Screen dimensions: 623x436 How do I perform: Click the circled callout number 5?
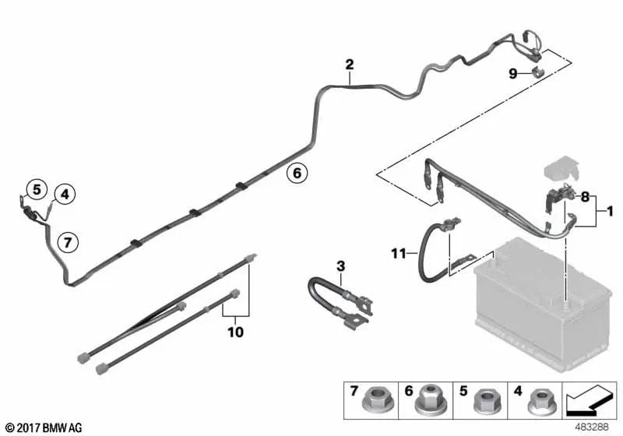(37, 189)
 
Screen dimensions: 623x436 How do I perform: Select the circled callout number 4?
(65, 194)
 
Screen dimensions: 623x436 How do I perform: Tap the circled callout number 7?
(68, 242)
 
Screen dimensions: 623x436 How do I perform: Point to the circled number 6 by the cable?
(297, 173)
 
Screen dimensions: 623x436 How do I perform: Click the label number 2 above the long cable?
(350, 65)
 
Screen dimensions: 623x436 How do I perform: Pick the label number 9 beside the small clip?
(513, 73)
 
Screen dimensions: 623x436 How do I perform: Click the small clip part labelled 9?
(537, 73)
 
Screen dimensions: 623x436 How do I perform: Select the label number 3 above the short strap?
(340, 266)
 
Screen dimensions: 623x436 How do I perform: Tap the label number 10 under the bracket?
(236, 332)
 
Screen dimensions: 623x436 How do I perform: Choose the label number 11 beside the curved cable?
(399, 253)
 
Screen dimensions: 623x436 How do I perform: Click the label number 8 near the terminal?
(585, 196)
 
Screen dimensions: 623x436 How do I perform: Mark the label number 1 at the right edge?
(610, 212)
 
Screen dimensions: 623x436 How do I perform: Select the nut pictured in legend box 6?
(430, 400)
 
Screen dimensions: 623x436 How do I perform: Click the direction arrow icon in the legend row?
(590, 400)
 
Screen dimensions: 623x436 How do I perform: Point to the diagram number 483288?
(592, 427)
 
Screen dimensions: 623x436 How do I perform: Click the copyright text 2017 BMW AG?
(50, 427)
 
